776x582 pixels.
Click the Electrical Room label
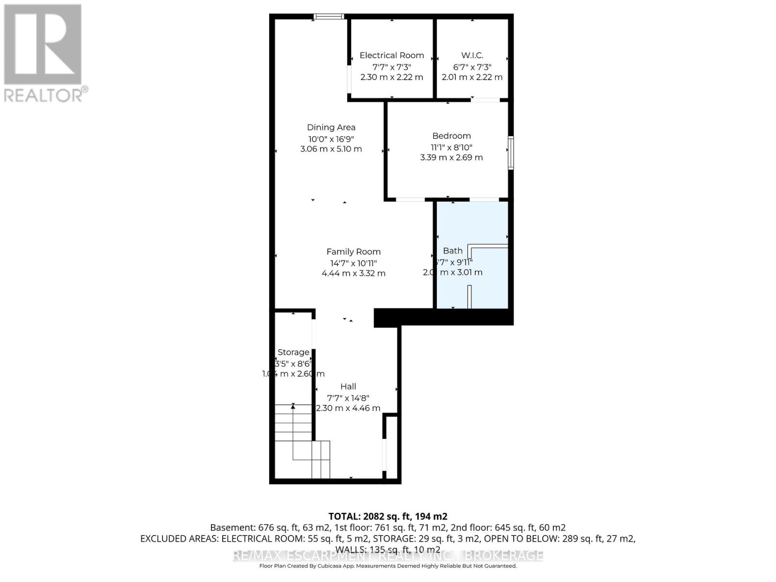point(391,55)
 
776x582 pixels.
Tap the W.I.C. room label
point(472,55)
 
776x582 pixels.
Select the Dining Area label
point(331,127)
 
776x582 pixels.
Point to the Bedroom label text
point(451,136)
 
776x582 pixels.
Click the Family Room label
point(353,251)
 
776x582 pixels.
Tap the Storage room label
point(293,352)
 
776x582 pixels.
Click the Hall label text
point(348,387)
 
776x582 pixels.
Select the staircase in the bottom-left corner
point(298,439)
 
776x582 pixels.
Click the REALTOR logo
point(44,53)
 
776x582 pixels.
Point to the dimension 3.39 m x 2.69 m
point(451,157)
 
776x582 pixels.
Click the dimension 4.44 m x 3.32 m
point(353,273)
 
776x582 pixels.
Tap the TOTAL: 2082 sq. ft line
point(388,516)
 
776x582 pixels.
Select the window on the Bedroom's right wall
point(511,153)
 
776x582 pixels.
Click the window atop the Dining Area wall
point(329,16)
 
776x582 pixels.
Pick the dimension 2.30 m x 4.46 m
point(348,408)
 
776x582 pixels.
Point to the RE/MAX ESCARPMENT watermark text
point(388,555)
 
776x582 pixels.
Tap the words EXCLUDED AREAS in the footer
point(179,538)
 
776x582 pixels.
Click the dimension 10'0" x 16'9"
point(331,138)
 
